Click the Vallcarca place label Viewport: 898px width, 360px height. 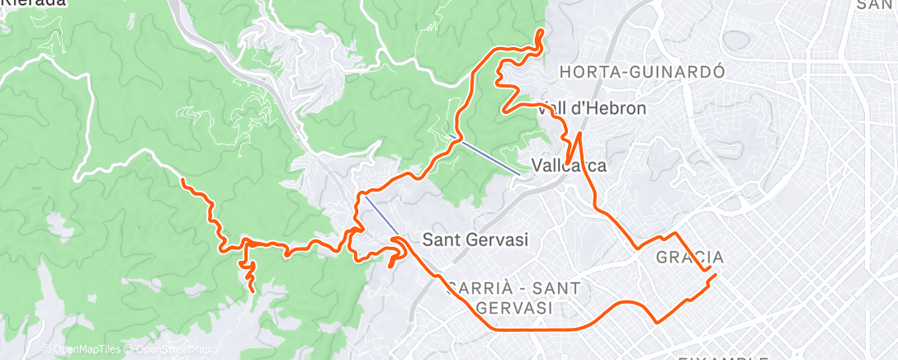point(569,166)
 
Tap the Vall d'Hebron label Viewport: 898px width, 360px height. point(591,108)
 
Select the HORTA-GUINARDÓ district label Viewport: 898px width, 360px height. point(641,72)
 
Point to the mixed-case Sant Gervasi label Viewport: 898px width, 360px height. point(475,239)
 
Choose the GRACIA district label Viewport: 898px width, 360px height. point(690,258)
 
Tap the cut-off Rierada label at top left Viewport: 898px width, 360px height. point(33,3)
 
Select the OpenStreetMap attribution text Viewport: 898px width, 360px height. point(170,350)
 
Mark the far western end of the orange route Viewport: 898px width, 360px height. point(182,179)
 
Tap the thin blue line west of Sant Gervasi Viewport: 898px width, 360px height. point(381,215)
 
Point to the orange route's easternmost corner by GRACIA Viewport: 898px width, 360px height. point(716,275)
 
